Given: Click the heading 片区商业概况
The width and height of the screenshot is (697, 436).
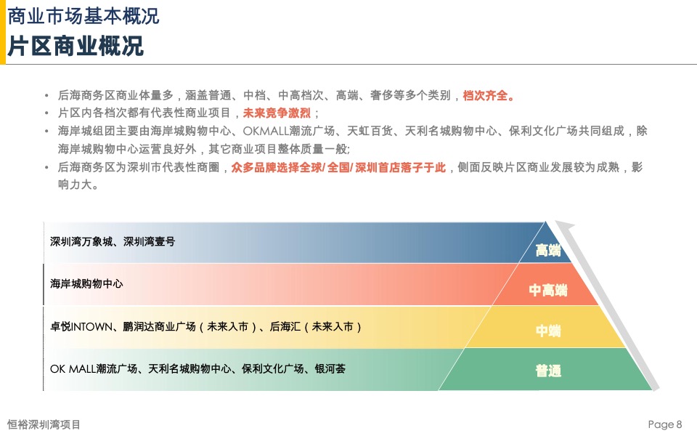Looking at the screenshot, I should coord(76,47).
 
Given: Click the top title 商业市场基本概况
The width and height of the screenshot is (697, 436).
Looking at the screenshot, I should coord(83,15).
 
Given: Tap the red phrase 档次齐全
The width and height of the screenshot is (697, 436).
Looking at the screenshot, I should coord(489,95).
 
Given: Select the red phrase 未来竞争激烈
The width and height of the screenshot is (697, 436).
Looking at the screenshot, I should coord(277,113).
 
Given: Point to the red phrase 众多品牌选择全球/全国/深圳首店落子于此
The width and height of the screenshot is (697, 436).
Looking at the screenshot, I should coord(338,168).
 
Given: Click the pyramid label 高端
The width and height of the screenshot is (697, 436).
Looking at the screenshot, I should coord(548,251).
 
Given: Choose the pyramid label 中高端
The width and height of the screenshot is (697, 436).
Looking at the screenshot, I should coord(548,291).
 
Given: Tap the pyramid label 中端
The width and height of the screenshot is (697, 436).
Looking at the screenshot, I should coord(548,331).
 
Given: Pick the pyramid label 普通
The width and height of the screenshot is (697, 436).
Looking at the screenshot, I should coord(548,371).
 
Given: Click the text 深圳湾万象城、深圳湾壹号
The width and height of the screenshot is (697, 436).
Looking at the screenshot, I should coord(113,242).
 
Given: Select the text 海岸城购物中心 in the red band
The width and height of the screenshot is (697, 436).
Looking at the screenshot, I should coord(86,283).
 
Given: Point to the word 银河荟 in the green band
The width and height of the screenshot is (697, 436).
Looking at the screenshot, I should coord(330,369).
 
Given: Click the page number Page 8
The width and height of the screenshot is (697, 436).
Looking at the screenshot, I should coord(665,424).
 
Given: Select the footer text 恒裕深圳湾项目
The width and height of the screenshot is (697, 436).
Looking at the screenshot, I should coord(44,424).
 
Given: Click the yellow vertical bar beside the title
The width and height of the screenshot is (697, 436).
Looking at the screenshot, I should coord(2,32).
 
